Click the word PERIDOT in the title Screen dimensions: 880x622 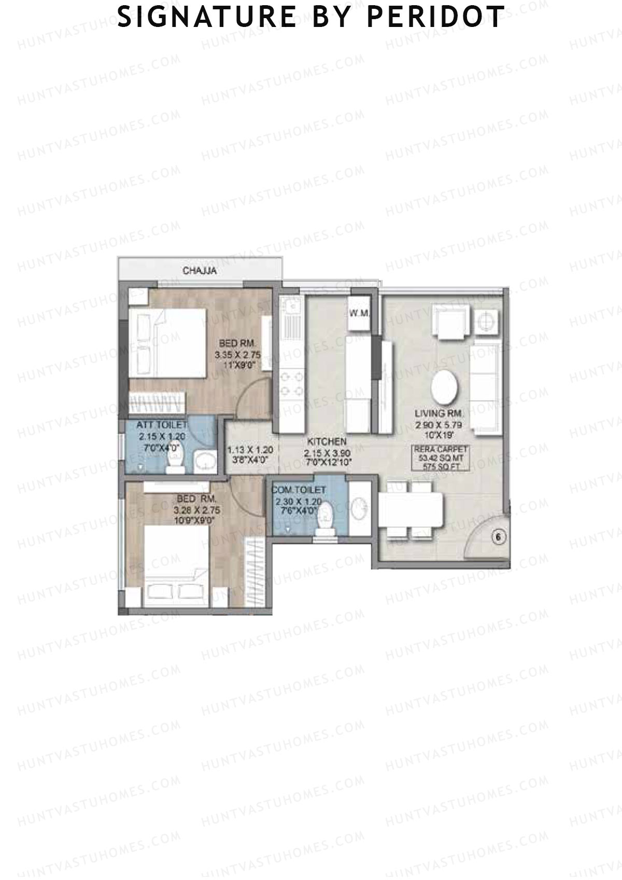tap(435, 17)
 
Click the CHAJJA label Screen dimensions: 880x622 tap(200, 271)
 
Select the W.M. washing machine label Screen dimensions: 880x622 tap(359, 313)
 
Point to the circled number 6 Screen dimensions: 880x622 tap(498, 538)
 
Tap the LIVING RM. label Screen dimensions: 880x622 tap(439, 414)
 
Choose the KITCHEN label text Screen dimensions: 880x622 tap(327, 442)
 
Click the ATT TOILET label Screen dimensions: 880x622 tap(161, 425)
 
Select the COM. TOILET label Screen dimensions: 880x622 tap(301, 490)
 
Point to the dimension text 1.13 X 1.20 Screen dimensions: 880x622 tap(250, 450)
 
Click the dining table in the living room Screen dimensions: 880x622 tap(412, 510)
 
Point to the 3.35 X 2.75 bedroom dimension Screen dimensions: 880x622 tap(237, 355)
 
